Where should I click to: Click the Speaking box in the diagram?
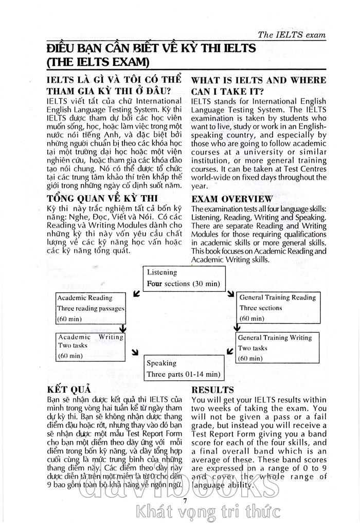(x=184, y=369)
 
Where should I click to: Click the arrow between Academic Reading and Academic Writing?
(x=122, y=327)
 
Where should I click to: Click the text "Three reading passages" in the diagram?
(x=91, y=308)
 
